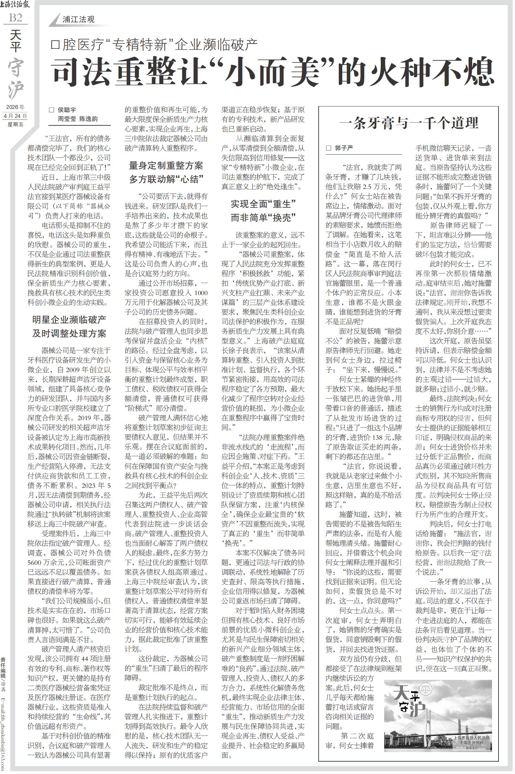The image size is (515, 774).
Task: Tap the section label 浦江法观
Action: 78,20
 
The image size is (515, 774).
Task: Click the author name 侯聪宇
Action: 67,110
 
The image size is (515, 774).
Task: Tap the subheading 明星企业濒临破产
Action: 69,319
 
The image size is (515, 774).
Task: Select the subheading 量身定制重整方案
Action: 166,166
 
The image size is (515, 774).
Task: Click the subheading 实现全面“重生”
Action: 263,204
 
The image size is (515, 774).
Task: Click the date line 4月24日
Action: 15,115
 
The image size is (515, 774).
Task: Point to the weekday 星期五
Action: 15,124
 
